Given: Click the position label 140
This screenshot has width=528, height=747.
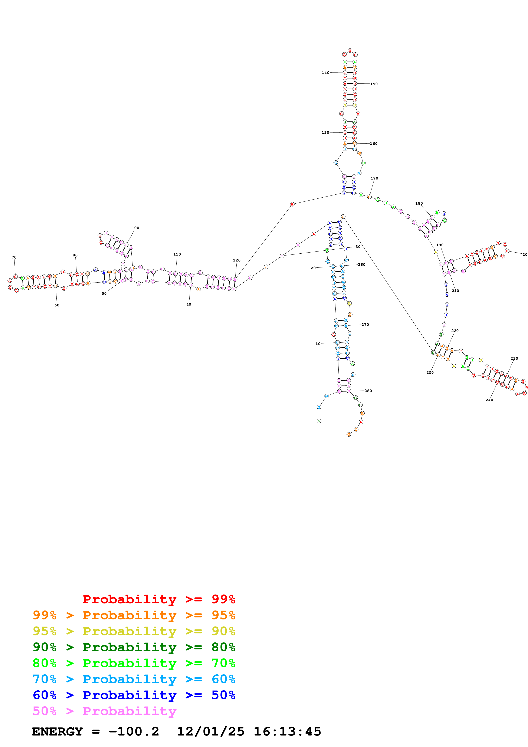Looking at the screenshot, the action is point(325,73).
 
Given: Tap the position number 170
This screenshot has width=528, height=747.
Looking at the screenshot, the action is point(374,178).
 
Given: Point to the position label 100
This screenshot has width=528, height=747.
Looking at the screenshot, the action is point(135,228).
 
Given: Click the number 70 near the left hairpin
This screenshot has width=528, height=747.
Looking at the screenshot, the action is point(14,257).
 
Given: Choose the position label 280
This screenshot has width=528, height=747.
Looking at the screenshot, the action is point(368,391).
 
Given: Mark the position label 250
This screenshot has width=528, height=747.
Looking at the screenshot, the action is point(430,372).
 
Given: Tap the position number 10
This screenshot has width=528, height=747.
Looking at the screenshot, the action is point(318,343).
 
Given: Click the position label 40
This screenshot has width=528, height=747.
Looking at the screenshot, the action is point(189,305).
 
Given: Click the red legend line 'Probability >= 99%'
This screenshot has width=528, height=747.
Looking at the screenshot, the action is point(159,599).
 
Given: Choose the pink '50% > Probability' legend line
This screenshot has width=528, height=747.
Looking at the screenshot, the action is point(104,711).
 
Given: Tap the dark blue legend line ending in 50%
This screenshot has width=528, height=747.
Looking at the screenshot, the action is point(134,695).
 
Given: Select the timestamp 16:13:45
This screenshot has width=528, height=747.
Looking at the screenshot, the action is point(287,732).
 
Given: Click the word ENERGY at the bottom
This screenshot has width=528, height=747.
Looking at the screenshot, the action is point(57,732).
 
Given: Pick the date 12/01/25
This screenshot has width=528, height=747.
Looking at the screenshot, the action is point(210,732).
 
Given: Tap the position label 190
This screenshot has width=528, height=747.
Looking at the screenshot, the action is point(440,245).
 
